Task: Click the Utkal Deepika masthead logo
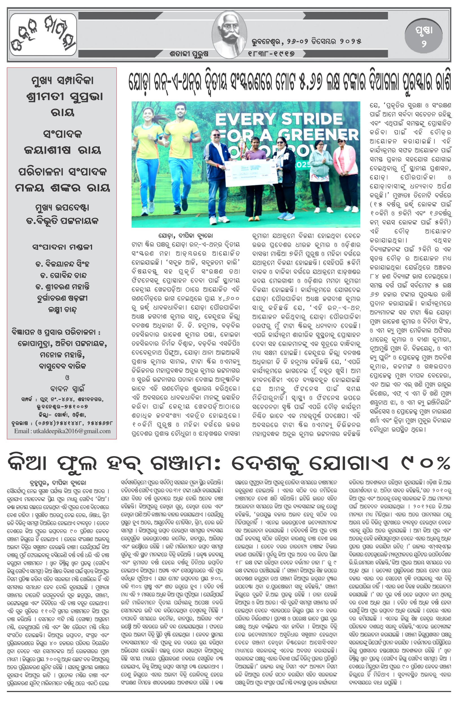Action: click(x=43, y=35)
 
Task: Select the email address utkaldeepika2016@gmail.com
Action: click(x=62, y=431)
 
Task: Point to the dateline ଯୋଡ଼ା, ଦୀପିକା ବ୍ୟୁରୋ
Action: click(x=185, y=236)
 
